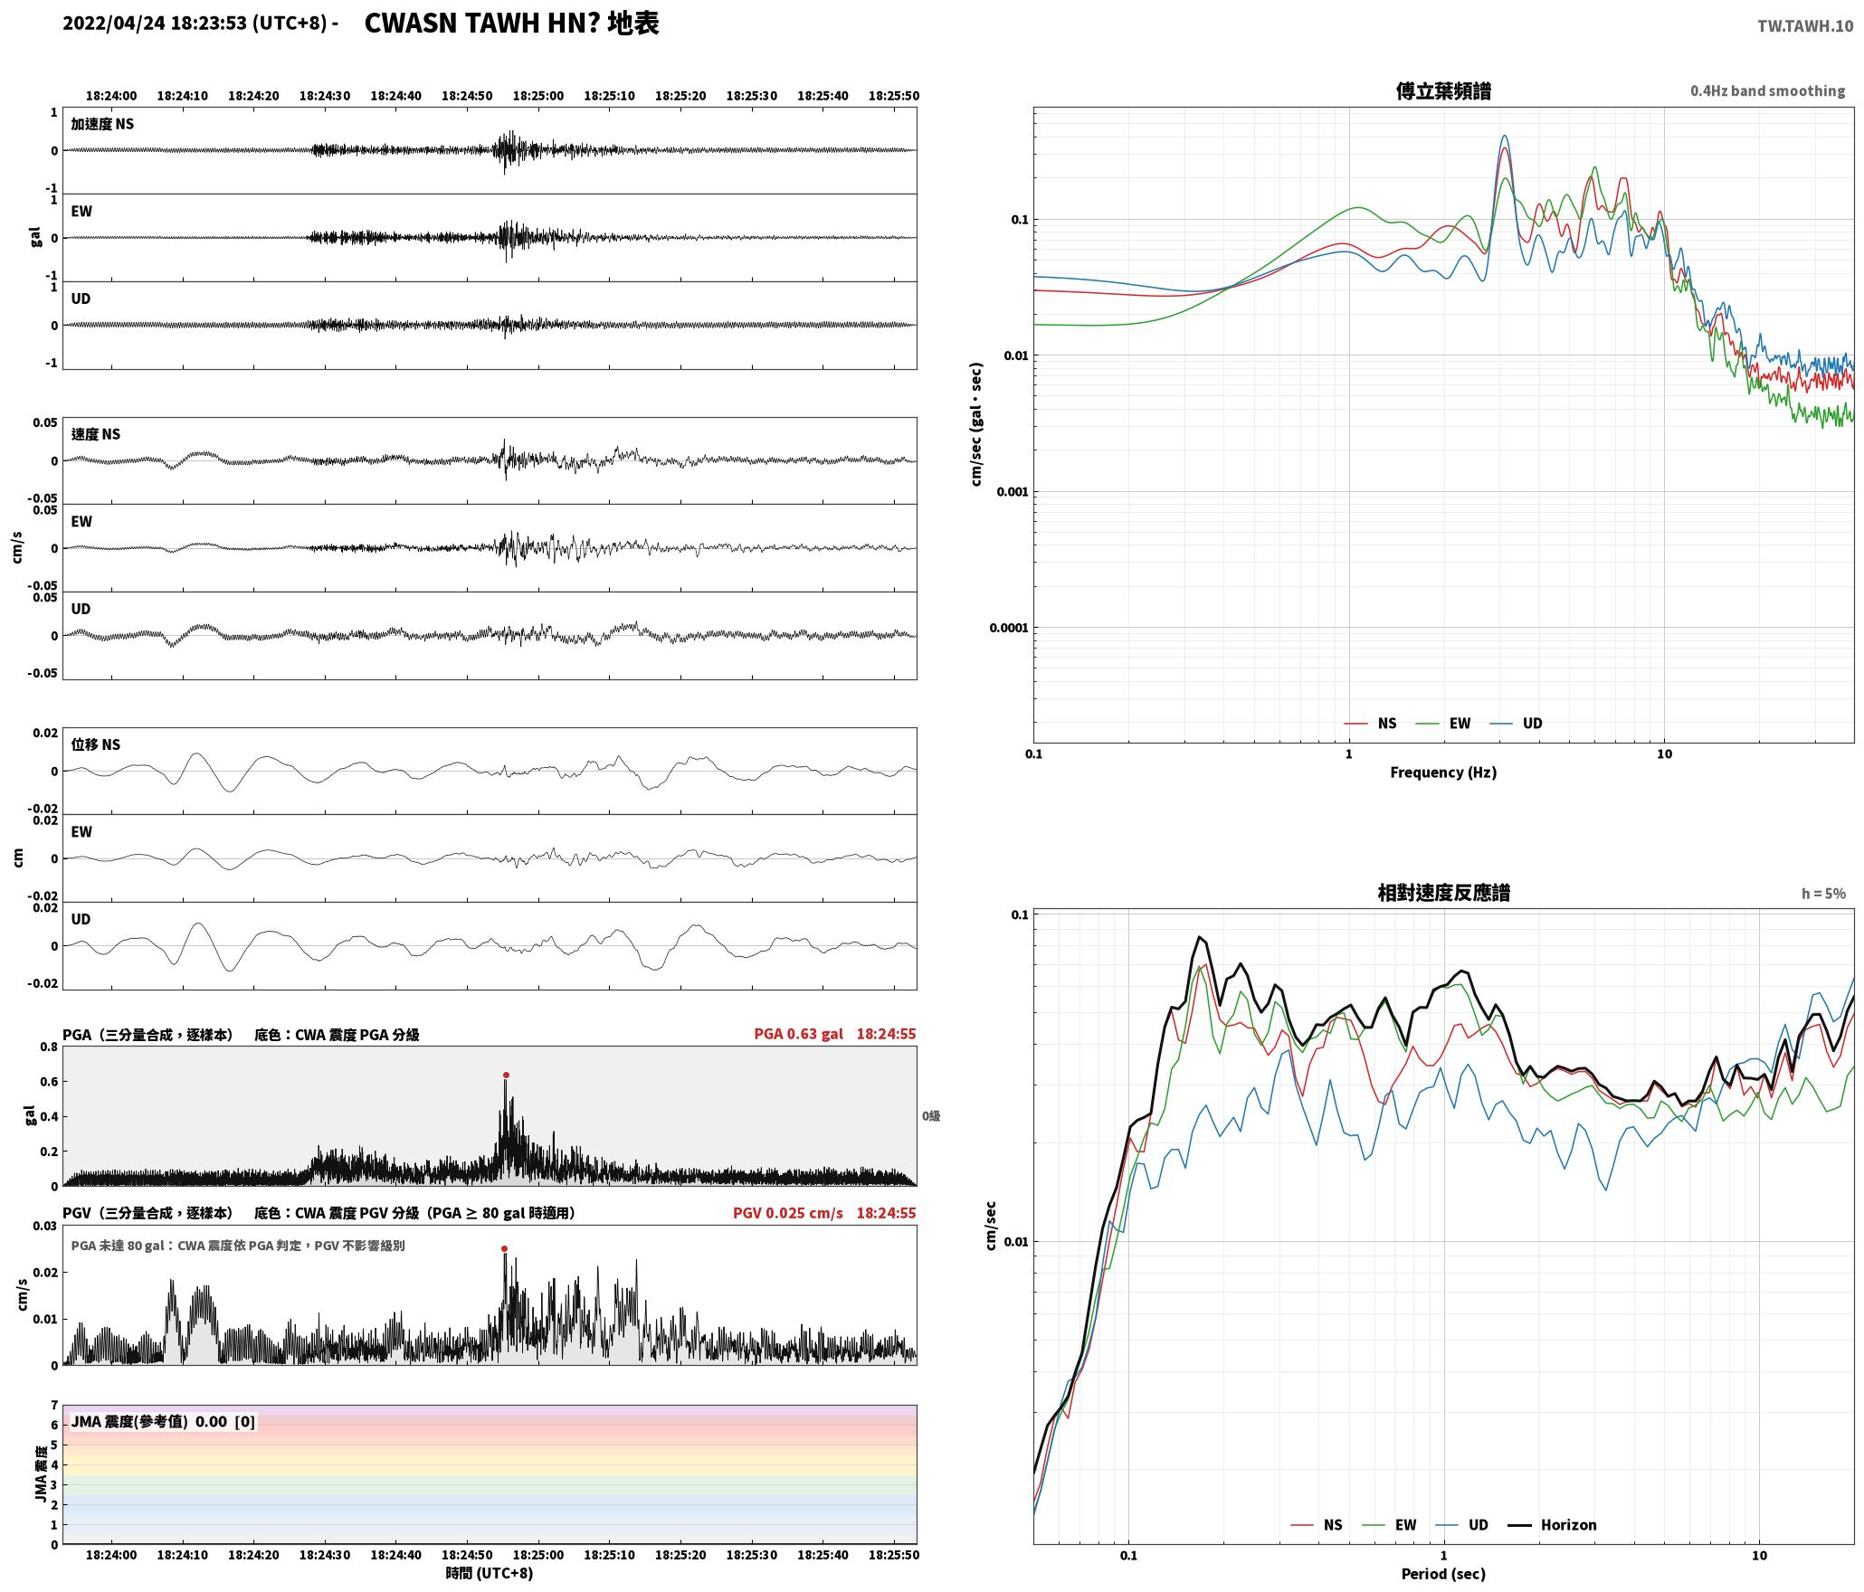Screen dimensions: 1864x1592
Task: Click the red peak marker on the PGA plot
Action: pyautogui.click(x=506, y=1076)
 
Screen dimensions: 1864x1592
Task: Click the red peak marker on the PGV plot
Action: pyautogui.click(x=504, y=1249)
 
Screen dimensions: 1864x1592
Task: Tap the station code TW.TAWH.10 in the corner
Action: pyautogui.click(x=1805, y=26)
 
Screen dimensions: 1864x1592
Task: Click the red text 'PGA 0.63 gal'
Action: pyautogui.click(x=798, y=1034)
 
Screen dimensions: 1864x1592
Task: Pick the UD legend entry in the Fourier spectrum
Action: pyautogui.click(x=1517, y=724)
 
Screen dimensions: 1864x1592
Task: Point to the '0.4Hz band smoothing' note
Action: pyautogui.click(x=1767, y=91)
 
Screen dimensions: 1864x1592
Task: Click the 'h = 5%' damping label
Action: pyautogui.click(x=1822, y=894)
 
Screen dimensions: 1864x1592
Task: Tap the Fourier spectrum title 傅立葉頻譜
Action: pyautogui.click(x=1443, y=91)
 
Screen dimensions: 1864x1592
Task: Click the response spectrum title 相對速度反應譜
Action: pyautogui.click(x=1443, y=893)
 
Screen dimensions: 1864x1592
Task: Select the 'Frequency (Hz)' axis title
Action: pyautogui.click(x=1443, y=772)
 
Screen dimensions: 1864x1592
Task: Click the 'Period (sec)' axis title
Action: pyautogui.click(x=1443, y=1574)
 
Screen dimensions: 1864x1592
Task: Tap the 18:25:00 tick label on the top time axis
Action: pyautogui.click(x=538, y=96)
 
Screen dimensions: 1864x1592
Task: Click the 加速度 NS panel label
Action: pyautogui.click(x=102, y=124)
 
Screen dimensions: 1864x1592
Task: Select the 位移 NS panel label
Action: pyautogui.click(x=96, y=744)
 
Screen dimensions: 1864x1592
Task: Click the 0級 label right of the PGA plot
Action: pyautogui.click(x=931, y=1116)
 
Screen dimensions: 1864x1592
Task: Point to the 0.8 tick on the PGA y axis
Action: pyautogui.click(x=49, y=1047)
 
